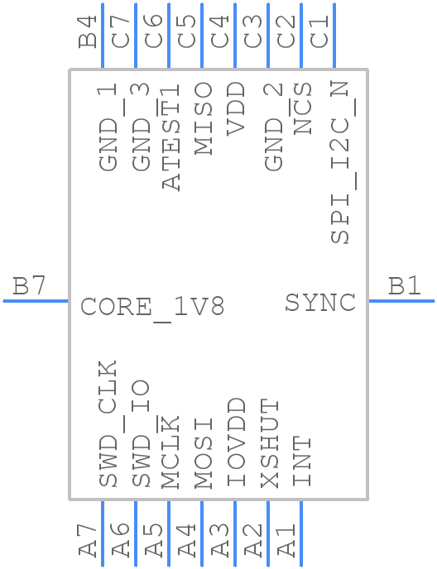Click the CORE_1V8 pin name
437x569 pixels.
click(x=152, y=308)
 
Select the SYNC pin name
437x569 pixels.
click(x=320, y=303)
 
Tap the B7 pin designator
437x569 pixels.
click(x=29, y=287)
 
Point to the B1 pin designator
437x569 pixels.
click(x=405, y=287)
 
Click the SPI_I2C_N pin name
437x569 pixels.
click(x=341, y=163)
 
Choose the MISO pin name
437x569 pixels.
click(x=204, y=117)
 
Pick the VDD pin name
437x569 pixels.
click(x=237, y=108)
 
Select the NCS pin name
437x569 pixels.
click(x=303, y=108)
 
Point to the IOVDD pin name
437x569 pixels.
click(x=237, y=442)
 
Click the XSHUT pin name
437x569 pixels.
click(x=270, y=442)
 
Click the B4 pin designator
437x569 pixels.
click(x=88, y=32)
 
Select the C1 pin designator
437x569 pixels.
click(x=319, y=32)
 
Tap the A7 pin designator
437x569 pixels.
click(x=88, y=538)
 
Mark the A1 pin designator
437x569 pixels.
click(x=286, y=538)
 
